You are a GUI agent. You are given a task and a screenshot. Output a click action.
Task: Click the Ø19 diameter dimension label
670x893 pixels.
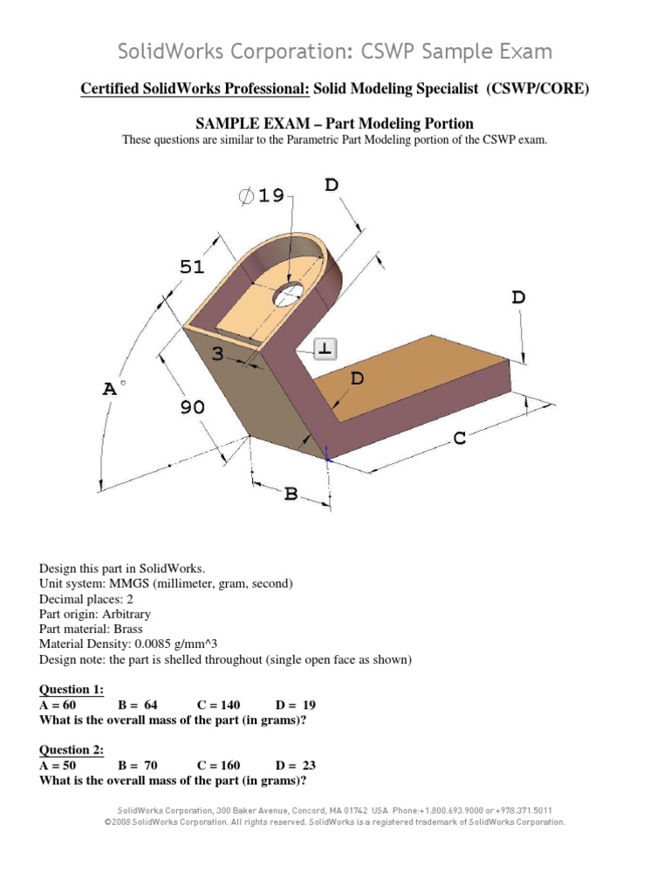coord(262,196)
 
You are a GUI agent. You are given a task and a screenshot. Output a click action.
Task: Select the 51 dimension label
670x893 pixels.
coord(192,267)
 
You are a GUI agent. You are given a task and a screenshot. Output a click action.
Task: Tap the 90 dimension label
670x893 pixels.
coord(193,407)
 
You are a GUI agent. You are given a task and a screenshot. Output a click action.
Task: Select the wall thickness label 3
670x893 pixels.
coord(218,351)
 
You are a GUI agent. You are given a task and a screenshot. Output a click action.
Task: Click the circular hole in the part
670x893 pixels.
coord(287,296)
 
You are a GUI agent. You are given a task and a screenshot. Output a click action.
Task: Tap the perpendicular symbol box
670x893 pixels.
coord(325,349)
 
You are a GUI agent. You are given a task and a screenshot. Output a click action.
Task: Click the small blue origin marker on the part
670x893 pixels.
coord(327,453)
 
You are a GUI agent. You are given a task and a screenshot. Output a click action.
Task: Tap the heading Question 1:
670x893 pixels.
coord(72,689)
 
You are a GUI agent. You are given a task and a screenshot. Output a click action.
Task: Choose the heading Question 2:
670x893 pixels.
coord(72,750)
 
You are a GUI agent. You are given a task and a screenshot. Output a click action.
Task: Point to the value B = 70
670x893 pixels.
coord(137,766)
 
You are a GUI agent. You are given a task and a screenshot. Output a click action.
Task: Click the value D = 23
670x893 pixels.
coord(296,766)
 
